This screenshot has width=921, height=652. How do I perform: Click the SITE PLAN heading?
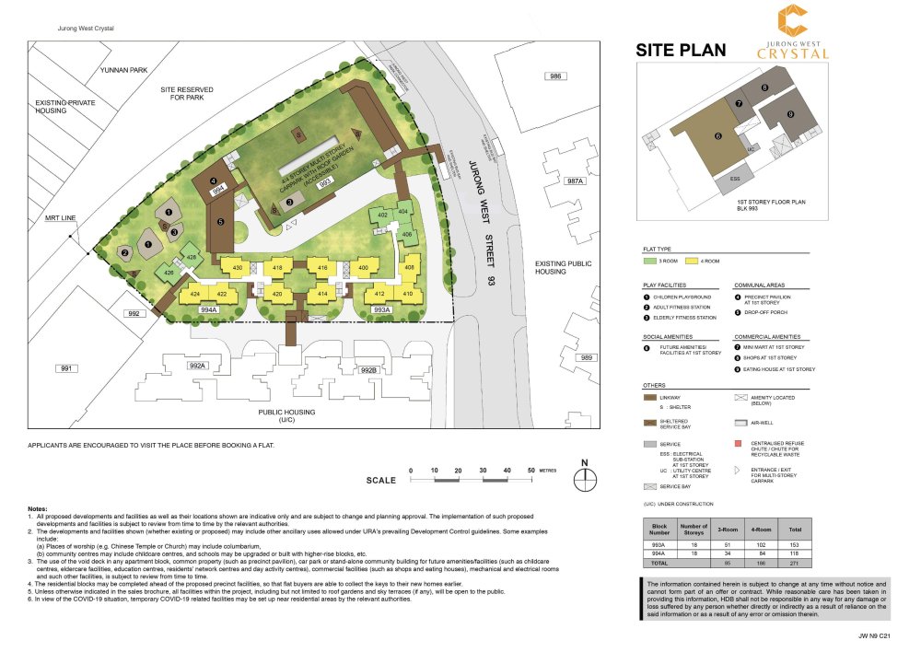pyautogui.click(x=681, y=51)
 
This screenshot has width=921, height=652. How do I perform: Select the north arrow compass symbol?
pyautogui.click(x=582, y=478)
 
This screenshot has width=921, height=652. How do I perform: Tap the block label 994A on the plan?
pyautogui.click(x=208, y=311)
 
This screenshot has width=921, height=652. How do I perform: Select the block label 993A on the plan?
pyautogui.click(x=383, y=311)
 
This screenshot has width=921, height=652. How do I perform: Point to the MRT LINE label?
pyautogui.click(x=60, y=221)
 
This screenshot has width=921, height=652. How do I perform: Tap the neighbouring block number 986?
pyautogui.click(x=554, y=76)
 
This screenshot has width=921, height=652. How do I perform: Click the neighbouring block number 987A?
pyautogui.click(x=576, y=181)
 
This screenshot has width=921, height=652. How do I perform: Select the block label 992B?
pyautogui.click(x=368, y=370)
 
